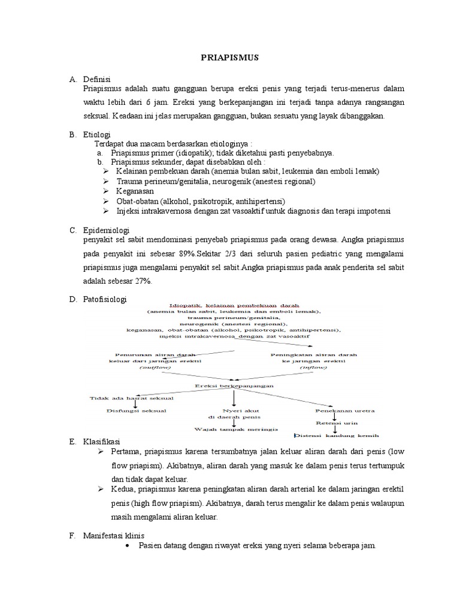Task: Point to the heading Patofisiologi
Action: [x=105, y=298]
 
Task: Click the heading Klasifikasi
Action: [x=102, y=441]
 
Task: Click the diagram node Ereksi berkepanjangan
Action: [x=234, y=386]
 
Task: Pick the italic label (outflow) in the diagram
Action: [x=155, y=368]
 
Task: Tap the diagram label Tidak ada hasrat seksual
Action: [x=123, y=397]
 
